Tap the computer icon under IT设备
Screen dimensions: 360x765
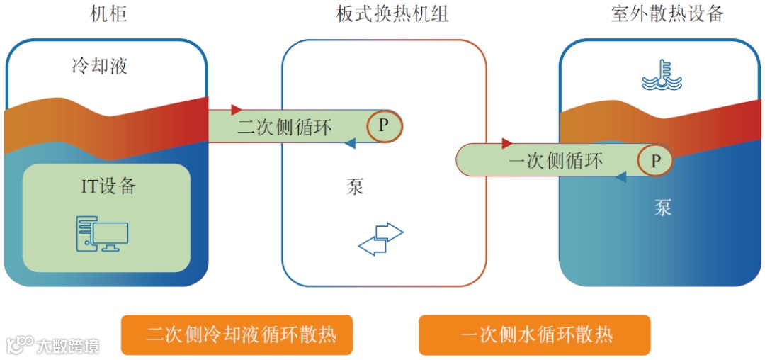coord(103,235)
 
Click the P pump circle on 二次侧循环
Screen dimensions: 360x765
coord(384,126)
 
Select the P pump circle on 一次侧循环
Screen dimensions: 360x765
coord(655,162)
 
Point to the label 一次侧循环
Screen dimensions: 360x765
coord(556,162)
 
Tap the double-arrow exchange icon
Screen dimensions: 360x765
coord(380,239)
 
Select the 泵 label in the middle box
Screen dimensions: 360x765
coord(355,187)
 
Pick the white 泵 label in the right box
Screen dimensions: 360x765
coord(662,208)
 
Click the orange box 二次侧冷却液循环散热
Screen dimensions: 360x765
coord(237,334)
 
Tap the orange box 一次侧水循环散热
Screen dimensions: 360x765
coord(534,334)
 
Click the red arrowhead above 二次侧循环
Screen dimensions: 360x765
coord(237,110)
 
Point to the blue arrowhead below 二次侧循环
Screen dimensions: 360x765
coord(349,144)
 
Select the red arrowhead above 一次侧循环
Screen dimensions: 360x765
coord(507,144)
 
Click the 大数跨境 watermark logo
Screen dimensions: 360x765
coord(52,345)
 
